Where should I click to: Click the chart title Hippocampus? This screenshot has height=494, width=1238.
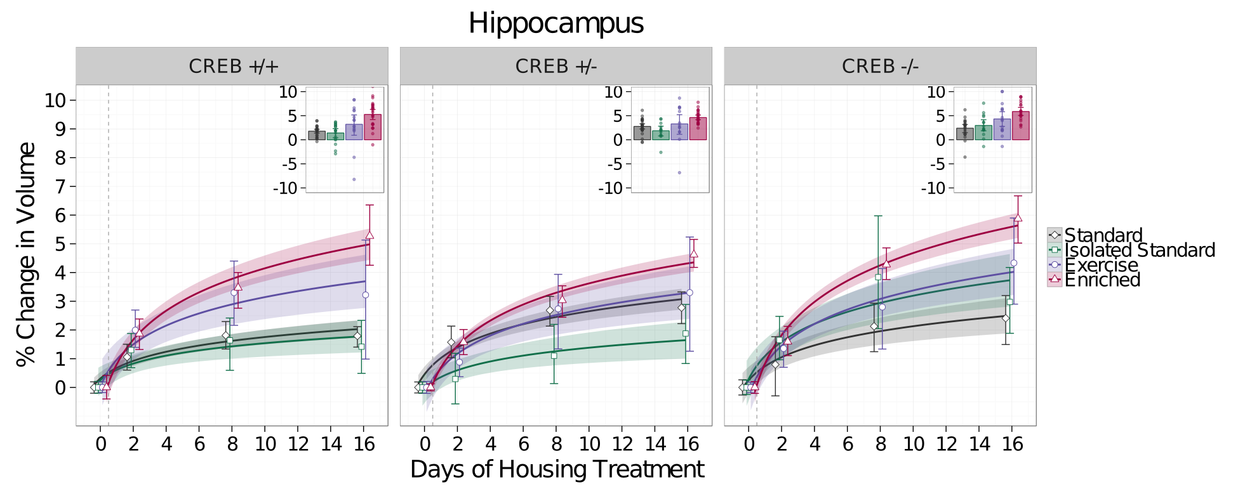[x=556, y=24]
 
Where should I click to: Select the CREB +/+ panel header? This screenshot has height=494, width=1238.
[x=232, y=67]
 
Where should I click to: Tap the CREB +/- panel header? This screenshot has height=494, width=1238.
[x=556, y=67]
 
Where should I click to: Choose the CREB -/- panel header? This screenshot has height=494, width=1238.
[x=880, y=67]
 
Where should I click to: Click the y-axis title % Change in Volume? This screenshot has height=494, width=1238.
[x=26, y=254]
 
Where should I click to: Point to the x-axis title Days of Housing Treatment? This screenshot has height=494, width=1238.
[x=557, y=470]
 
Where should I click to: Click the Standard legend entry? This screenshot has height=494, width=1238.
[x=1103, y=235]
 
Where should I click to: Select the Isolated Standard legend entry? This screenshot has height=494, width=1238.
[x=1140, y=250]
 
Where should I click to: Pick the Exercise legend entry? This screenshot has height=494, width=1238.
[x=1102, y=265]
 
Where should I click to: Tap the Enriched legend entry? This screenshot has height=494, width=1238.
[x=1102, y=280]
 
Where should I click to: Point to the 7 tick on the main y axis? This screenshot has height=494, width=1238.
[x=60, y=186]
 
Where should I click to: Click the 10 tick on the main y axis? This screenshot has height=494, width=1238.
[x=56, y=100]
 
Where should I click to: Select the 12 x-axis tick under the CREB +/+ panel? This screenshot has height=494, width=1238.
[x=298, y=444]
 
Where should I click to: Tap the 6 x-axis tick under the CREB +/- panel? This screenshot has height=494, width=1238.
[x=524, y=444]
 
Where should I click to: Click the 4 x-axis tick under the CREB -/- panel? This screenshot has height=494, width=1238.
[x=815, y=444]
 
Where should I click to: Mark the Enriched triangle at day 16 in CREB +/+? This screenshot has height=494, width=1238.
[x=369, y=235]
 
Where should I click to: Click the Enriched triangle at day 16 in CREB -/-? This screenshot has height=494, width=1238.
[x=1018, y=218]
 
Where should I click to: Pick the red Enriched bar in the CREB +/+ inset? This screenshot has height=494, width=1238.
[x=373, y=127]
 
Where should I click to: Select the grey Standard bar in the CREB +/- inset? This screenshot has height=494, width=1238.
[x=642, y=133]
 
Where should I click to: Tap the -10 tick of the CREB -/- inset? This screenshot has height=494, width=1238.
[x=933, y=188]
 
